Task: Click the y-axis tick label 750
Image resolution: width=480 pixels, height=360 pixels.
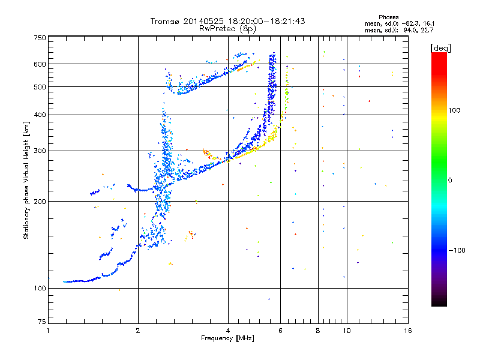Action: tap(40, 37)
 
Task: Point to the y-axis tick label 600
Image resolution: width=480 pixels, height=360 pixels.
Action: tap(40, 64)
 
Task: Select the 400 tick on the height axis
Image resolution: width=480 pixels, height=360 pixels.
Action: tap(40, 115)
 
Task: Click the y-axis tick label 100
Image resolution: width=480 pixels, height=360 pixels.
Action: tap(40, 289)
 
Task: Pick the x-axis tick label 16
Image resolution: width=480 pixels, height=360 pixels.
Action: tap(407, 331)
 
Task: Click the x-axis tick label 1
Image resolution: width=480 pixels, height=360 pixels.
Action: tap(48, 331)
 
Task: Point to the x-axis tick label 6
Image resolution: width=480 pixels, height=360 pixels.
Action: tap(280, 331)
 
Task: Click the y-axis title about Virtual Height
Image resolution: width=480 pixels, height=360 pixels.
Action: tap(26, 180)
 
